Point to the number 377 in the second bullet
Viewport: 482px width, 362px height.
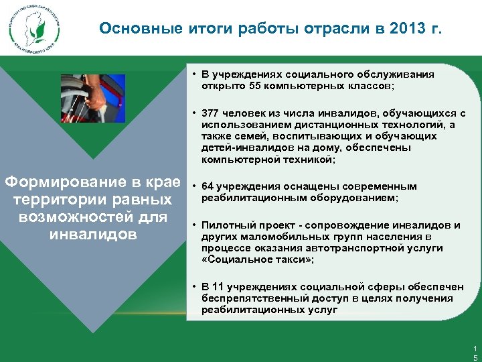point(211,113)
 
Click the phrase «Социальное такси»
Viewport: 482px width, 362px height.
point(255,259)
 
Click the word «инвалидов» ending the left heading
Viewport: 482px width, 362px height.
point(93,235)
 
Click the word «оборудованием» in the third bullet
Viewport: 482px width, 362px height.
point(359,198)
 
